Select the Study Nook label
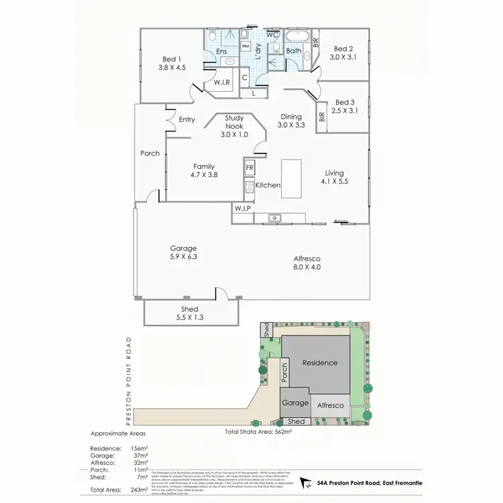(235, 118)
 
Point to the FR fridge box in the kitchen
(249, 168)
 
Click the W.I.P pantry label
(242, 209)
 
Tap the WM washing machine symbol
(245, 46)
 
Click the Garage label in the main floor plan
(183, 248)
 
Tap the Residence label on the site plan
(319, 363)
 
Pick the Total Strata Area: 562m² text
(258, 433)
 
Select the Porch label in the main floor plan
(150, 153)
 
